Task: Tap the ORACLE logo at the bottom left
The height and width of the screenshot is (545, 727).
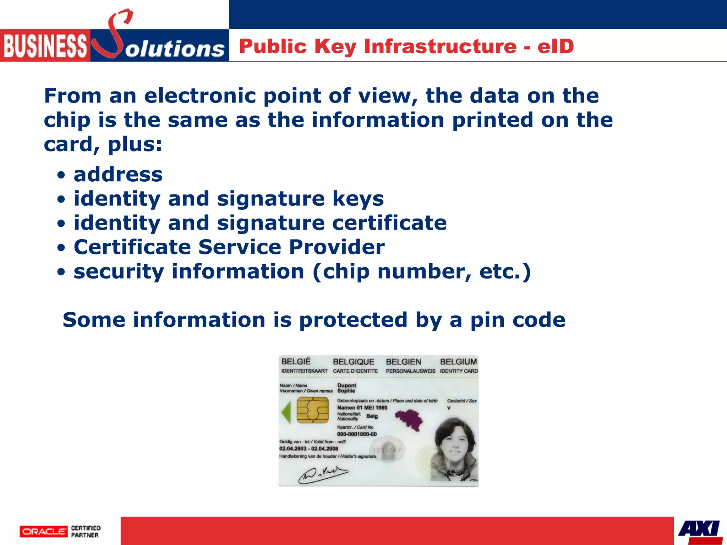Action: click(43, 532)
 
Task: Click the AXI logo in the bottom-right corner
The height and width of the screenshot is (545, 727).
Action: click(699, 529)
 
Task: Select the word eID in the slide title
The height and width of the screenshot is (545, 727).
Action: click(556, 46)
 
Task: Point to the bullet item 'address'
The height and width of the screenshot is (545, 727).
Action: click(118, 175)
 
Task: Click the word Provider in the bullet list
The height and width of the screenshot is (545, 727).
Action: click(337, 247)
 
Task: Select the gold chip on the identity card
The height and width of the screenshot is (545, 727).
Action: click(312, 410)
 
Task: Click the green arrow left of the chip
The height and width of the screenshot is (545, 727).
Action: click(286, 412)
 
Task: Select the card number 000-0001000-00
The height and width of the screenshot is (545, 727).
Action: click(357, 434)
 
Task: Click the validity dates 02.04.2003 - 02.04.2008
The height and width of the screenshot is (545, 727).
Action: click(308, 449)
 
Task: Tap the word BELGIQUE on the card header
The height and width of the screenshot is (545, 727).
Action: click(354, 362)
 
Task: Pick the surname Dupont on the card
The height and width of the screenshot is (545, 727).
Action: click(346, 385)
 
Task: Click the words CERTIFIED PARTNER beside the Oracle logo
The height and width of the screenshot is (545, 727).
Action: click(86, 532)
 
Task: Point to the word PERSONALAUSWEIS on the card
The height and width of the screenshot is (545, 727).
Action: click(410, 371)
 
